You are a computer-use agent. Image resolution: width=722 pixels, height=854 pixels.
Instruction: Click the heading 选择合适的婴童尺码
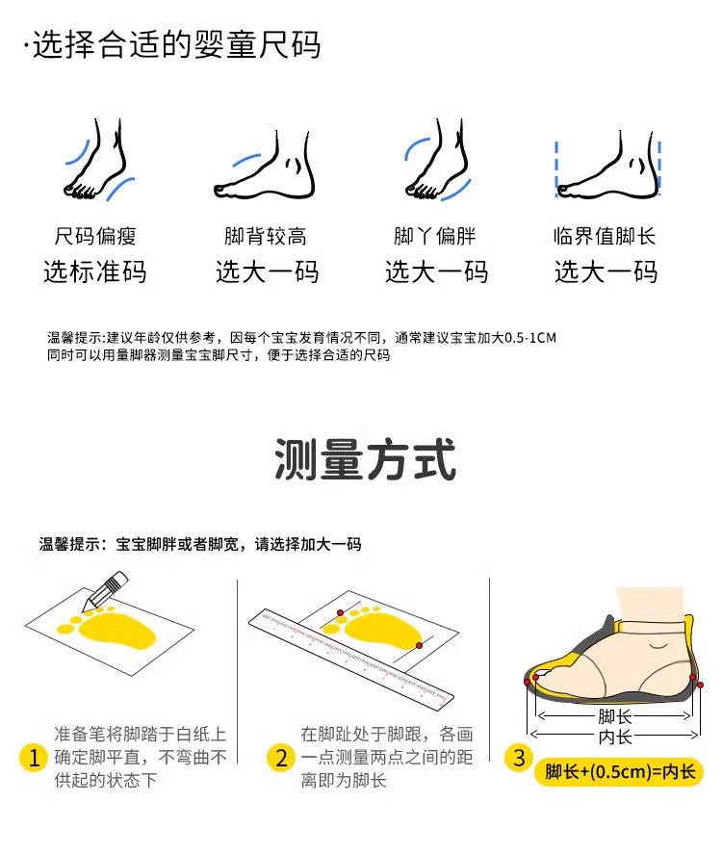coord(176,44)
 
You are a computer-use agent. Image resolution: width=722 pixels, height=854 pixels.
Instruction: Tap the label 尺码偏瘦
coord(95,237)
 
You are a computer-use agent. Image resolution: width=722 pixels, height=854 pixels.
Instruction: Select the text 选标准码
coord(95,272)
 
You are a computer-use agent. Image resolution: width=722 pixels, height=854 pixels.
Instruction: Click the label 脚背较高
coord(265,237)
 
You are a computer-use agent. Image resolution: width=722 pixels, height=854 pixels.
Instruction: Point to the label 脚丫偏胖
coord(434,237)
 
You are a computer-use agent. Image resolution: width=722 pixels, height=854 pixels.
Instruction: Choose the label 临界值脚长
coord(605,237)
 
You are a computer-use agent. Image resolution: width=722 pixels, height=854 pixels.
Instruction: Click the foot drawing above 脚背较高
coord(265,165)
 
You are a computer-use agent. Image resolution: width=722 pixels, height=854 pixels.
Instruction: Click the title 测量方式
coord(365,459)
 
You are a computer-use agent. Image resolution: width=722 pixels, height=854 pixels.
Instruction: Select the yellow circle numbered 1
coord(35,758)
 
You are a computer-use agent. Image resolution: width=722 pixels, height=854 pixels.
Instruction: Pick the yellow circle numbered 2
coord(281,758)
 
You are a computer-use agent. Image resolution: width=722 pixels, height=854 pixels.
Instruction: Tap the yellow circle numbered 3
coord(519,758)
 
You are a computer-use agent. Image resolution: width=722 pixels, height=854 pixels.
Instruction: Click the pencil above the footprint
coord(105,591)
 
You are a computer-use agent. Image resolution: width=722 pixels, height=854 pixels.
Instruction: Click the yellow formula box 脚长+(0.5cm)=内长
coord(619,772)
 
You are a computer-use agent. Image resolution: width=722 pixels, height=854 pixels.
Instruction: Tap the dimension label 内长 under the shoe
coord(615,737)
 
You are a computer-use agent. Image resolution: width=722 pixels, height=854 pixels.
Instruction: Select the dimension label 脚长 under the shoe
coord(615,716)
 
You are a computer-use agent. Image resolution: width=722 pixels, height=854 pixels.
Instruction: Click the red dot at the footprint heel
coord(419,645)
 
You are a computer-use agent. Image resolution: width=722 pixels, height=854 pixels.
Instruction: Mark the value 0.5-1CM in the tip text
coord(530,338)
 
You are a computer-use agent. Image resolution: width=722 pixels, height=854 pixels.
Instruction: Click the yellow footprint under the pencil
coord(109,629)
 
